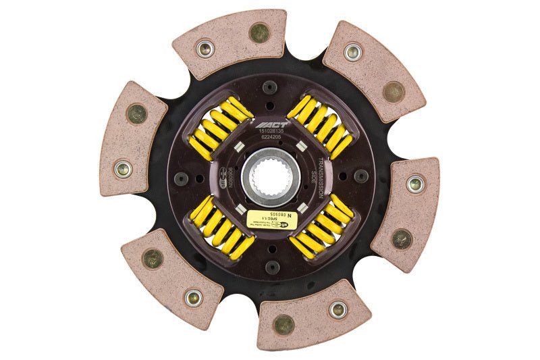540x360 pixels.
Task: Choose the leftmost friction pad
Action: point(132,138)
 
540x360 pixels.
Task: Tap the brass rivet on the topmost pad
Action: point(258,30)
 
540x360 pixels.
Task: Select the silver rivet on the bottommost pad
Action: point(337,309)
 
